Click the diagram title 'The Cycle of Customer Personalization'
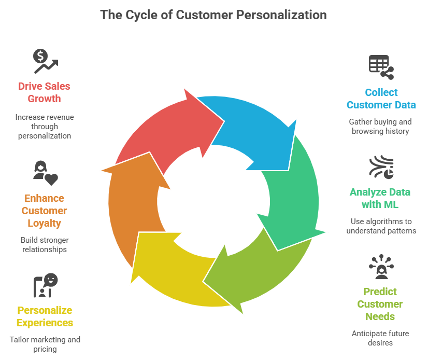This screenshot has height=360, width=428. pos(213,15)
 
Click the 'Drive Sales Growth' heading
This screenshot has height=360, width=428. pos(45,92)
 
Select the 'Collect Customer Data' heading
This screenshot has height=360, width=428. pos(381,99)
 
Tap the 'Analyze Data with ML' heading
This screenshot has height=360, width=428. pos(379,198)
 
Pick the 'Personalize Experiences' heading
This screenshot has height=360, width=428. pos(45,316)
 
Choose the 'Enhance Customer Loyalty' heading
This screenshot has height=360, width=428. pos(44,211)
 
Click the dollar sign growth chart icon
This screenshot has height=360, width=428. pos(45,61)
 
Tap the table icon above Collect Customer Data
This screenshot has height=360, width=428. pos(381,66)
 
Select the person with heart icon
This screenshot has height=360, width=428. pos(45,172)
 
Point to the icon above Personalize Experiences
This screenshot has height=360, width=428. pos(45,285)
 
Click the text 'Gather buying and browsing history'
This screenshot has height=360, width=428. pos(380,127)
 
